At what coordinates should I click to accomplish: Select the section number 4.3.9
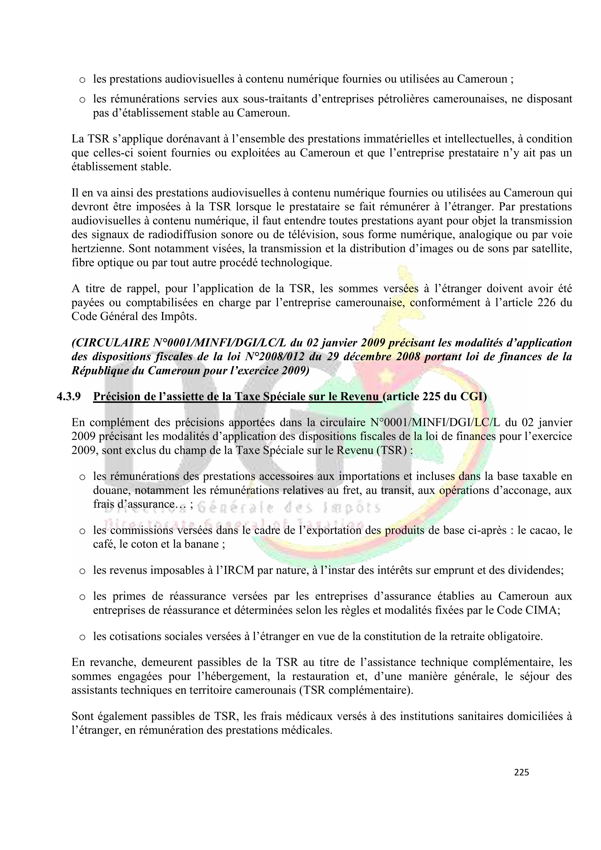point(69,397)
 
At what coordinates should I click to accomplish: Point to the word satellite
point(552,249)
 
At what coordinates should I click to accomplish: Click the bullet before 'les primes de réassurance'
point(83,597)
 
